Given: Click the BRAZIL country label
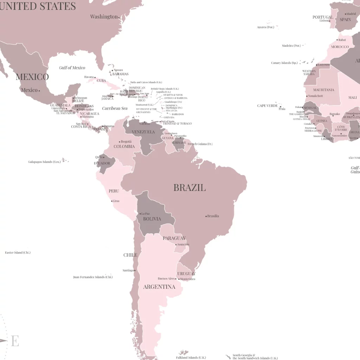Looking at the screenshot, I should (189, 187).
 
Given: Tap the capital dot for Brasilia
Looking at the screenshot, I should (206, 216).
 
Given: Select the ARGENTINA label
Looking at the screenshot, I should (159, 287).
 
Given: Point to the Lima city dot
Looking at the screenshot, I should (112, 201).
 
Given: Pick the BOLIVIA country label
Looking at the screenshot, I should (152, 219).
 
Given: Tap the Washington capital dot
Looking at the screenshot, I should (119, 17).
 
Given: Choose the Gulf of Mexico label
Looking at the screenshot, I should (72, 67).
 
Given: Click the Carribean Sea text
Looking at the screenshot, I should (115, 108).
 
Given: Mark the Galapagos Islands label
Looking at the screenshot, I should (44, 162).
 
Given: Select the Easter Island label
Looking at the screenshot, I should (18, 252).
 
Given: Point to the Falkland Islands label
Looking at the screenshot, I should (191, 358).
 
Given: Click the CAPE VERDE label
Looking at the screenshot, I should (267, 105).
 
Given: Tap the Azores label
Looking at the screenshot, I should (265, 27).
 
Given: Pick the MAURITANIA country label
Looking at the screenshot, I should (324, 90).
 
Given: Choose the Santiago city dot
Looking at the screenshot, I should (135, 270).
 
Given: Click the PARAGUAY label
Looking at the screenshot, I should (174, 238).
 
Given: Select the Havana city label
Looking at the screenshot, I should (89, 77).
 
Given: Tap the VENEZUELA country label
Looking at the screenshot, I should (143, 132).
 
